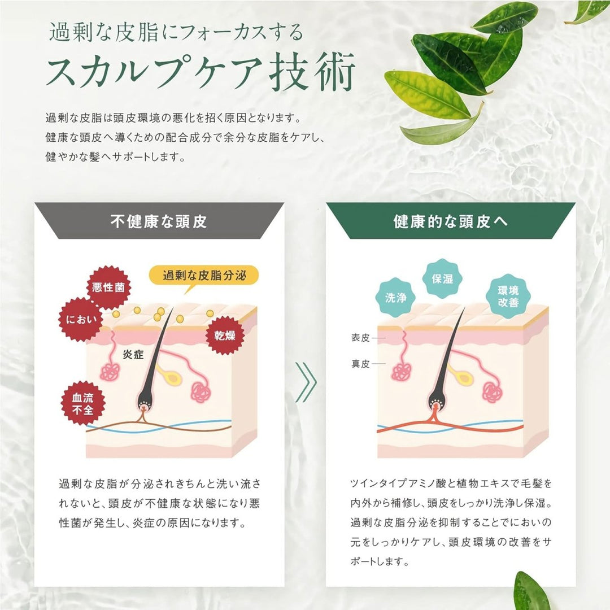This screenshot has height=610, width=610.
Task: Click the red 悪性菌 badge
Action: coord(109,288)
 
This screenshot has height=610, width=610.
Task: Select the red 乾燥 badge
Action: coord(225,335)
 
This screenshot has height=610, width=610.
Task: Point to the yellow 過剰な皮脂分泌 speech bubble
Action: coord(203,276)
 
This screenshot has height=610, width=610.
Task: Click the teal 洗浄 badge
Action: coord(396,298)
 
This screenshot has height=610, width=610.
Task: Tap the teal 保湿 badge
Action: coord(442,278)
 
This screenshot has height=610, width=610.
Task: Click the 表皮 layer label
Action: coord(360,338)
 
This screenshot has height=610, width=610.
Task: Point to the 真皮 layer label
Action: coord(360,364)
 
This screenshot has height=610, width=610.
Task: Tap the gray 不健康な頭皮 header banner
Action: coord(159,221)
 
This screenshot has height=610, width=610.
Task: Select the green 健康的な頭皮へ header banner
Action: coord(450,221)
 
